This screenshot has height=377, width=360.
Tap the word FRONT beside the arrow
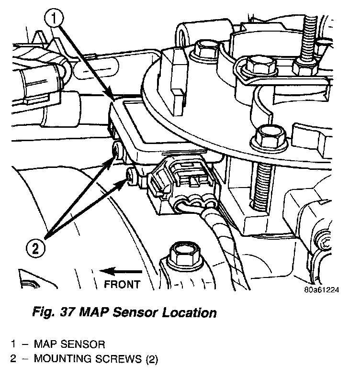(x=122, y=284)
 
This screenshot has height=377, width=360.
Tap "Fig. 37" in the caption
(x=52, y=314)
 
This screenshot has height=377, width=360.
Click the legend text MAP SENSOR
(x=69, y=344)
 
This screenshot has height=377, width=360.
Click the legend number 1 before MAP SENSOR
(x=14, y=344)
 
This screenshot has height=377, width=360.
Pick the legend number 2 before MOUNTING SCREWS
(x=14, y=359)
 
